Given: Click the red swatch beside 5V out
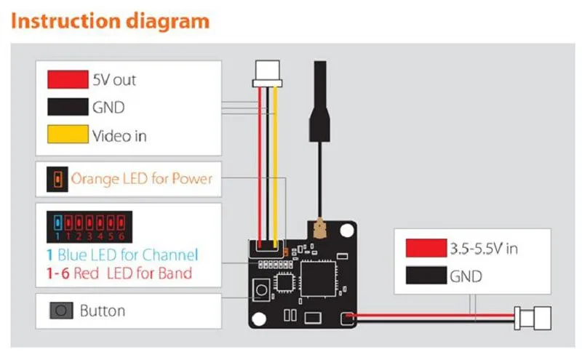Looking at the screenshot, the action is click(x=68, y=79).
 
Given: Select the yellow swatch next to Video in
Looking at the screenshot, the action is click(x=68, y=134).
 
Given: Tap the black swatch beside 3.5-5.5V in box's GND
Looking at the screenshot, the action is click(x=426, y=275).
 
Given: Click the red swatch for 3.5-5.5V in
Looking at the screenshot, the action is click(x=426, y=248).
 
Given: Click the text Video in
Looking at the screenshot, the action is click(x=119, y=136).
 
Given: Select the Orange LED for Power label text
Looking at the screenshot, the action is click(x=141, y=178).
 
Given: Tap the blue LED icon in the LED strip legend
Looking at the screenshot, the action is click(x=57, y=223).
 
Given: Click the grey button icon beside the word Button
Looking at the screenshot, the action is click(x=61, y=311).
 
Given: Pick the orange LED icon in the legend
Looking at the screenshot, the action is click(x=57, y=179).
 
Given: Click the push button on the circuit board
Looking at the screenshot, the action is click(x=261, y=289).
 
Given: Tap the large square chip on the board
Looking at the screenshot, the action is click(x=318, y=279).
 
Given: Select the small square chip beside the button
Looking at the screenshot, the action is click(x=284, y=283).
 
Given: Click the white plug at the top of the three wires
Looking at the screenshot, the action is click(x=267, y=74).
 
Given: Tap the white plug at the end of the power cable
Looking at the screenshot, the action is click(x=533, y=318).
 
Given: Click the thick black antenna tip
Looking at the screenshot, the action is click(x=319, y=101).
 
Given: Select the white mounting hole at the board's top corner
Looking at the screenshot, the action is click(x=347, y=231).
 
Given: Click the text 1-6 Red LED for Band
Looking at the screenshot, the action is click(x=119, y=273).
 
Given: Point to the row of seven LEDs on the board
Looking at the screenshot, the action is click(x=276, y=265).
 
